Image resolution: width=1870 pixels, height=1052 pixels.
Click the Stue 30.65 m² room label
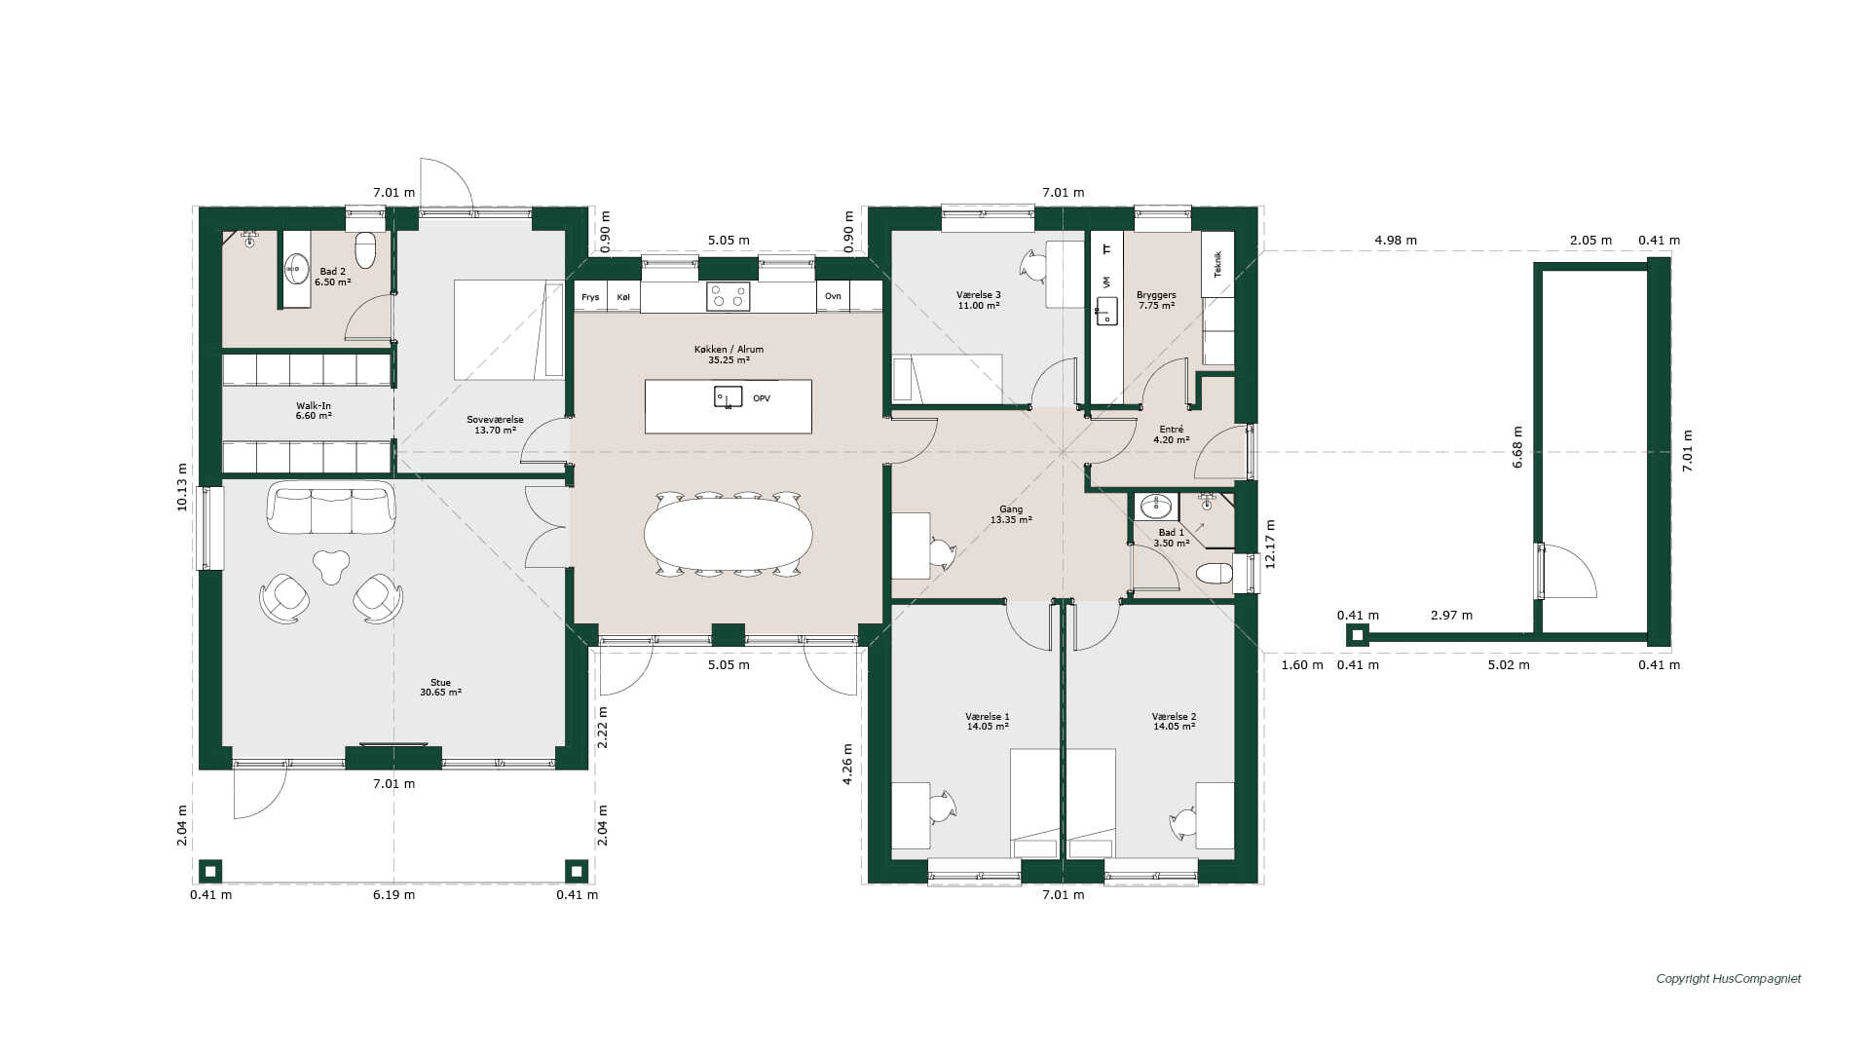(x=440, y=688)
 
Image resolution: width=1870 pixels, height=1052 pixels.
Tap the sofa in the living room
(x=331, y=507)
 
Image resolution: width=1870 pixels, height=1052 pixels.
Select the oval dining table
(x=729, y=534)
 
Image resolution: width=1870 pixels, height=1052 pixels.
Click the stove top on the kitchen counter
(x=728, y=296)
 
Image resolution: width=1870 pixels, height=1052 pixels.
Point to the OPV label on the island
(x=762, y=398)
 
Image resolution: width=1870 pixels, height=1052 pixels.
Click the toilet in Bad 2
(x=365, y=249)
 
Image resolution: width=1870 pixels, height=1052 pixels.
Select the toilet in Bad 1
(x=1215, y=573)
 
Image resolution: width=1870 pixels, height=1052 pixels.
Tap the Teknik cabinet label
(x=1217, y=264)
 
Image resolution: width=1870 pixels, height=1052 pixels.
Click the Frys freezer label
(x=590, y=297)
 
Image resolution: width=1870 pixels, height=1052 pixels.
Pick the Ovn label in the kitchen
(x=833, y=296)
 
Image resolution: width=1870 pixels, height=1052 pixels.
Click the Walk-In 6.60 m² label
(x=314, y=410)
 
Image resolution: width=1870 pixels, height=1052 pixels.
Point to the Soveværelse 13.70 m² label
(x=495, y=425)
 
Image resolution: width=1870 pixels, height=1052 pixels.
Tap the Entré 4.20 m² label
(x=1172, y=434)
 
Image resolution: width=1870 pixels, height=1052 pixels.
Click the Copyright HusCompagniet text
(x=1729, y=979)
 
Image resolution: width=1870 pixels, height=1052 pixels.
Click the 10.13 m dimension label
(x=182, y=487)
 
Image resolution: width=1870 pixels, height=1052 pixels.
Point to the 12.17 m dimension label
(x=1269, y=544)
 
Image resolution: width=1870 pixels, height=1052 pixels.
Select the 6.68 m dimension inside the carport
(x=1517, y=447)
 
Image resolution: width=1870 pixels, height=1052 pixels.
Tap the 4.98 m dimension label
(x=1396, y=240)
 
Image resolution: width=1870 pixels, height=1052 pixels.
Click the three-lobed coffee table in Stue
(x=331, y=566)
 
